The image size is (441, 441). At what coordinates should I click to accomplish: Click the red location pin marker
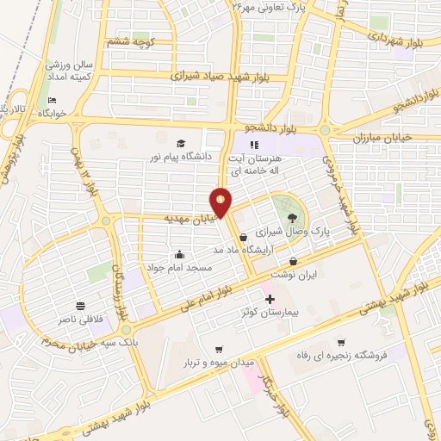(221, 202)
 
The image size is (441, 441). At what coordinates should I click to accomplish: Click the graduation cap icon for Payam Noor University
(181, 144)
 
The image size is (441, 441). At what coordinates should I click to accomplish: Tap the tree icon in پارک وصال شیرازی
(292, 219)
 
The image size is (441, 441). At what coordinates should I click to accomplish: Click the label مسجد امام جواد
(183, 268)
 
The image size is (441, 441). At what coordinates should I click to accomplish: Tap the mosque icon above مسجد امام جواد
(178, 255)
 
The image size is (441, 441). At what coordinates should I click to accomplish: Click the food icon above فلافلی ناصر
(80, 306)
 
